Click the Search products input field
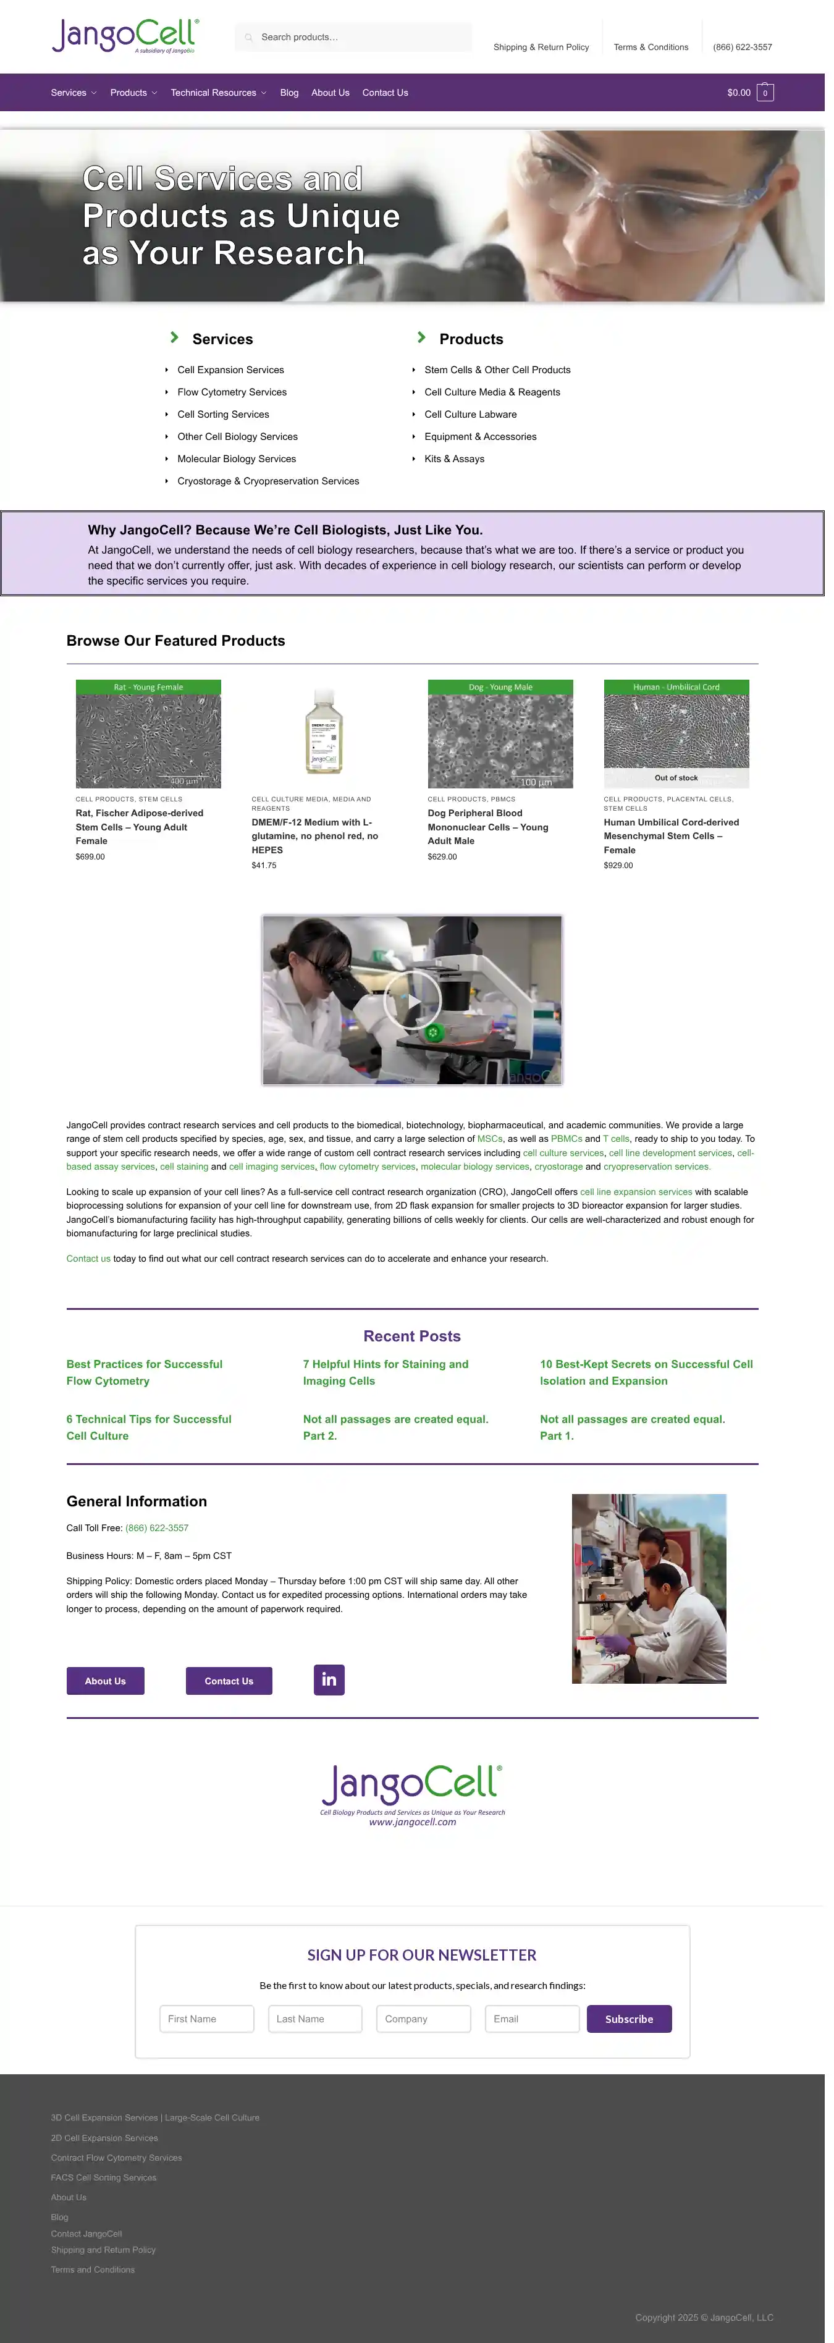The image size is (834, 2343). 360,37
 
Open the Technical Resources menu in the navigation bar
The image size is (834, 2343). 217,93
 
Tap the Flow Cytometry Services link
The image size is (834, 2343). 232,392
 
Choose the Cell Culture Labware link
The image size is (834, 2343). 470,415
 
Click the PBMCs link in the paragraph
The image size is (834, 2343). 566,1139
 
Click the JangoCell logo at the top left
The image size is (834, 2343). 125,36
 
